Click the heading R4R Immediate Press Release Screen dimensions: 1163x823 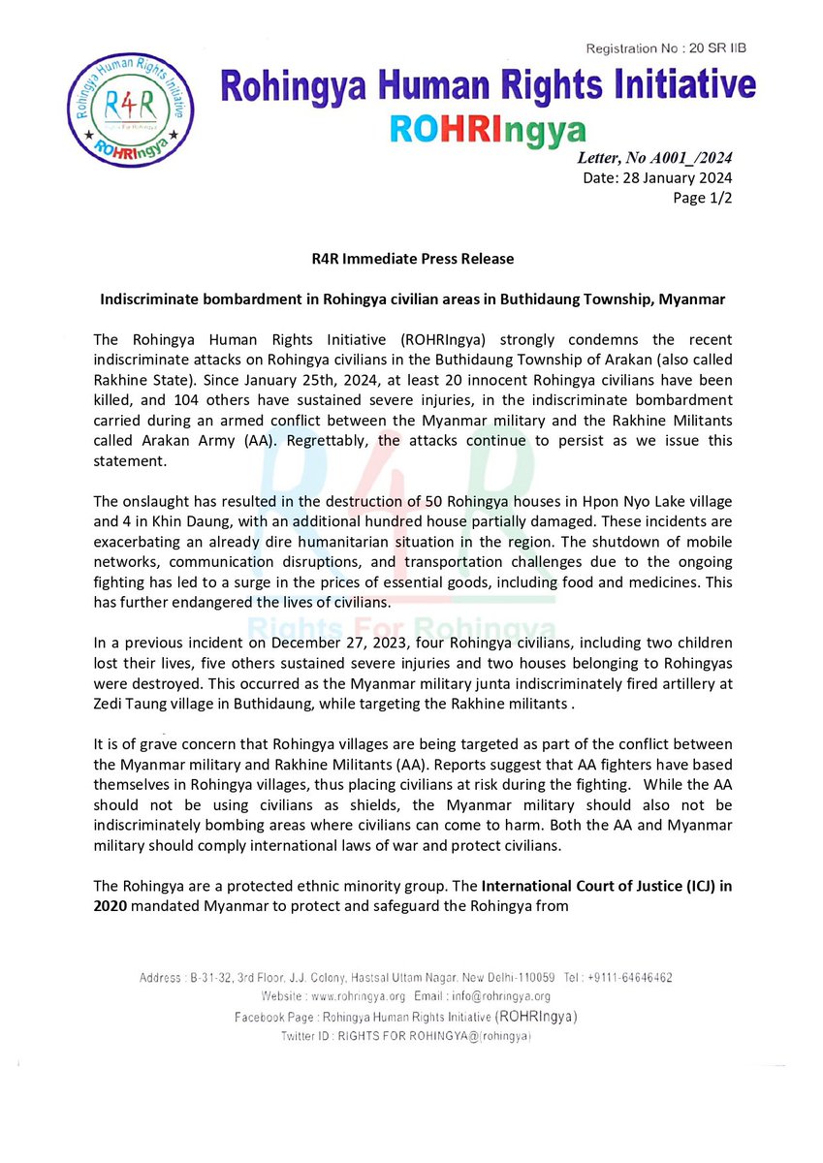coord(412,260)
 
